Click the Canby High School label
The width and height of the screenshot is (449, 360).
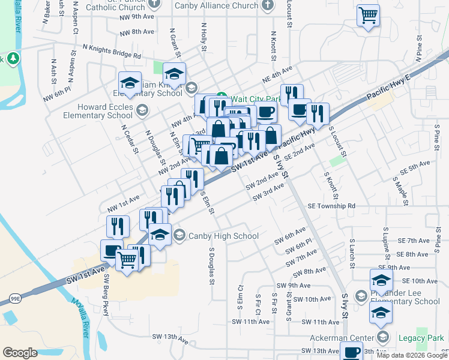click(x=223, y=236)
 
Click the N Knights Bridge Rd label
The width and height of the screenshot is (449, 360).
click(x=112, y=51)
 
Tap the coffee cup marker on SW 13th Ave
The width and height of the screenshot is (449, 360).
click(x=352, y=353)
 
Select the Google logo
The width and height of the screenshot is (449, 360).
click(x=20, y=353)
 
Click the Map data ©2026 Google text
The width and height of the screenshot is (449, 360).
click(x=412, y=355)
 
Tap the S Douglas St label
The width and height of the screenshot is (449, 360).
click(x=211, y=264)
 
